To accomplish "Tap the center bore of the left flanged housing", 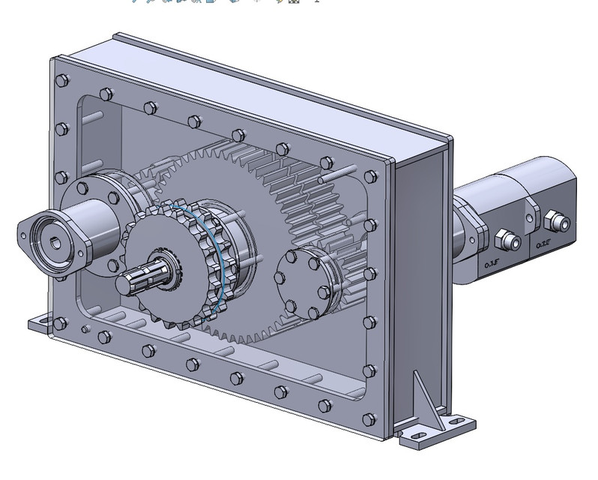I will click(56, 241).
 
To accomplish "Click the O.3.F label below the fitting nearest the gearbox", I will click(492, 263).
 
